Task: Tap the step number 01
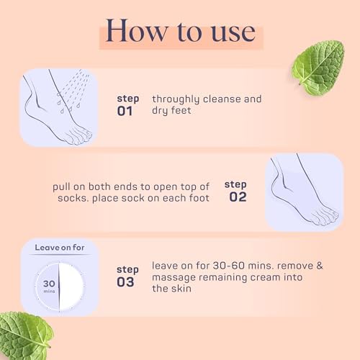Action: point(126,111)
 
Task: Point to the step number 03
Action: point(126,282)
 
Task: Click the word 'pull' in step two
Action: point(62,185)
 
